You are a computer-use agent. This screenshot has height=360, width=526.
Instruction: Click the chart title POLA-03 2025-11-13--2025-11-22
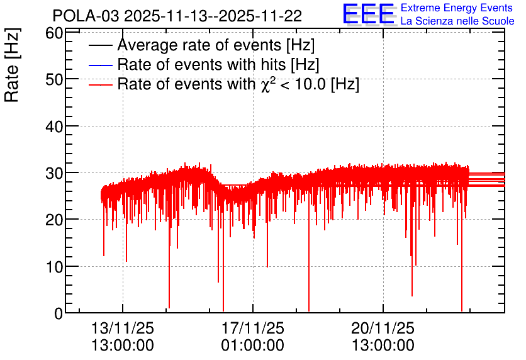177,16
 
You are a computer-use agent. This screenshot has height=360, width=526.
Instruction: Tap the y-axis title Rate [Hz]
12,65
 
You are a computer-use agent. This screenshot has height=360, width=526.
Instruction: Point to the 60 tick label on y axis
54,33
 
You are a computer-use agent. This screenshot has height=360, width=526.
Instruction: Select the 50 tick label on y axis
54,79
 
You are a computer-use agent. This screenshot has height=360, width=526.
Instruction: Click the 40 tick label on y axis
54,127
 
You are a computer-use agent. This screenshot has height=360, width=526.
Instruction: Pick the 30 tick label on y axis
54,173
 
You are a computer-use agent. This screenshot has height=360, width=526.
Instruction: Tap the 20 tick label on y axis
54,220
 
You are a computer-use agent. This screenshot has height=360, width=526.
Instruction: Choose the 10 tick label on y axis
54,267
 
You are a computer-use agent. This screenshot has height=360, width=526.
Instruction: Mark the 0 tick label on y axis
59,313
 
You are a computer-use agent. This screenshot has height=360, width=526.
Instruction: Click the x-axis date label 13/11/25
123,328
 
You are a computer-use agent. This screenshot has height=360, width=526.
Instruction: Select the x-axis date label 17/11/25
252,328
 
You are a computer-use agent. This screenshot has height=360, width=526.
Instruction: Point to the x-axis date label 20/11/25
383,328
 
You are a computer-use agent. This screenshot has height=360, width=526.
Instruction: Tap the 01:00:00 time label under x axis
252,346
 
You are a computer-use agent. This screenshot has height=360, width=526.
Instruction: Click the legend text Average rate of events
199,45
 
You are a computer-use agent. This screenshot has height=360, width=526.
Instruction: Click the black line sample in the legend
100,45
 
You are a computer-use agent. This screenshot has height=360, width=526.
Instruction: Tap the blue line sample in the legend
100,65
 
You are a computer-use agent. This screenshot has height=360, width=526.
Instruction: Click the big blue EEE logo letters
368,14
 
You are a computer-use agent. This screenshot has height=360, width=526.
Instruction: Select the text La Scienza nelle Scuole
457,21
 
